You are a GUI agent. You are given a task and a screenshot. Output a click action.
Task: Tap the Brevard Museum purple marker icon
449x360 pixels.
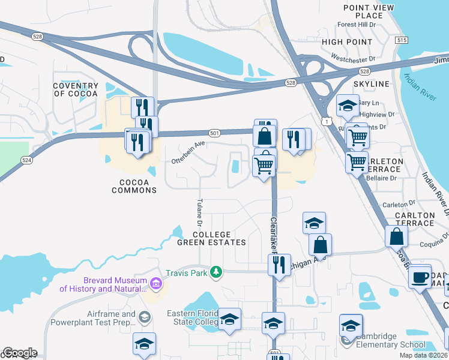point(155,283)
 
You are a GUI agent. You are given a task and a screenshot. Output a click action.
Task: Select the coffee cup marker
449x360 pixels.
point(420,277)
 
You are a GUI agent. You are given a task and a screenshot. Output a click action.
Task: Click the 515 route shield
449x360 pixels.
point(401,40)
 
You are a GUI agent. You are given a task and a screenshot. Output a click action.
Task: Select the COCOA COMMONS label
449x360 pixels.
point(134,186)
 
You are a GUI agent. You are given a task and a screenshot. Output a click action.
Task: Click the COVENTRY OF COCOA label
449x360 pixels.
point(75,90)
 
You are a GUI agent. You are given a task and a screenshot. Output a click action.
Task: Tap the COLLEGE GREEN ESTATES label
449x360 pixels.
point(211,238)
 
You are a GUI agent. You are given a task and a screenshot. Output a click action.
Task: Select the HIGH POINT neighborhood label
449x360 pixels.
point(346,42)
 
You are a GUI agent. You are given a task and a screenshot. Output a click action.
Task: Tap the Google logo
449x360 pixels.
point(20,353)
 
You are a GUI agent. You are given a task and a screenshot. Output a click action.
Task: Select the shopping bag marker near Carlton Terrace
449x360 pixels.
point(396,236)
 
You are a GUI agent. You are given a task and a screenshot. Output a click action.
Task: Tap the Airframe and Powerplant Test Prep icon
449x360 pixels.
point(144,316)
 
